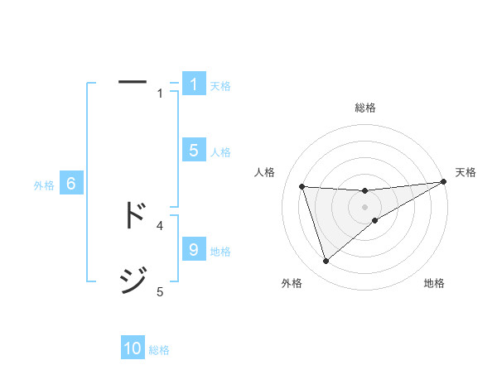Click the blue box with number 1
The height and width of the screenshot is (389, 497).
193,84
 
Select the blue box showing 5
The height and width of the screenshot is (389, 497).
193,151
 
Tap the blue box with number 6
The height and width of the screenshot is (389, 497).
70,185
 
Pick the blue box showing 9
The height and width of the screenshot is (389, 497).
193,250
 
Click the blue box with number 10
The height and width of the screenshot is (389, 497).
133,349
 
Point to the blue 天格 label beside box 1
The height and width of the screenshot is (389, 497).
220,86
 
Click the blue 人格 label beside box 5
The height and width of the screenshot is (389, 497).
220,152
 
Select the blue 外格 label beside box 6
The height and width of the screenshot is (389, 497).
44,186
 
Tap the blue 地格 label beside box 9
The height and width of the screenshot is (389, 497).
220,252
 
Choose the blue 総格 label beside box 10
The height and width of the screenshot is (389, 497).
159,351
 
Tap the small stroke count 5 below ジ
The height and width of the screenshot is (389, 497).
160,291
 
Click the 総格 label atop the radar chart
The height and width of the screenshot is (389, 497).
364,108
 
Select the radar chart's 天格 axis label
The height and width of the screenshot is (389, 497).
466,172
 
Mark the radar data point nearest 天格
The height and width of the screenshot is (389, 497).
443,181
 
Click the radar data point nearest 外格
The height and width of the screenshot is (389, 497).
326,262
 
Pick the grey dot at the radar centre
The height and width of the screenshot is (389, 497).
364,206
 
